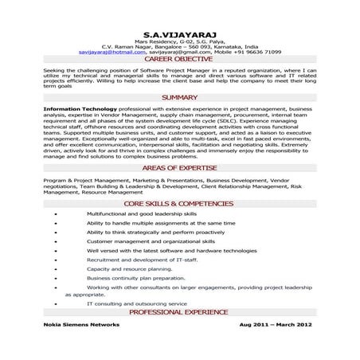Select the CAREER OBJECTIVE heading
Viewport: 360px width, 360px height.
(x=179, y=60)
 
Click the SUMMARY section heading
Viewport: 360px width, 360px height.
(x=179, y=97)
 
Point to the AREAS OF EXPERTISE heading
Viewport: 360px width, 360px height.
(x=179, y=170)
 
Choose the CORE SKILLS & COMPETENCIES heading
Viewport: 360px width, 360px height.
(x=179, y=205)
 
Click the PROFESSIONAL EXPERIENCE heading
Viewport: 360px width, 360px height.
(x=179, y=311)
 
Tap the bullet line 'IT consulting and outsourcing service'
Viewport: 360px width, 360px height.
(x=138, y=303)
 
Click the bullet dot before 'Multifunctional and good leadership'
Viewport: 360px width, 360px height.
(x=53, y=216)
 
